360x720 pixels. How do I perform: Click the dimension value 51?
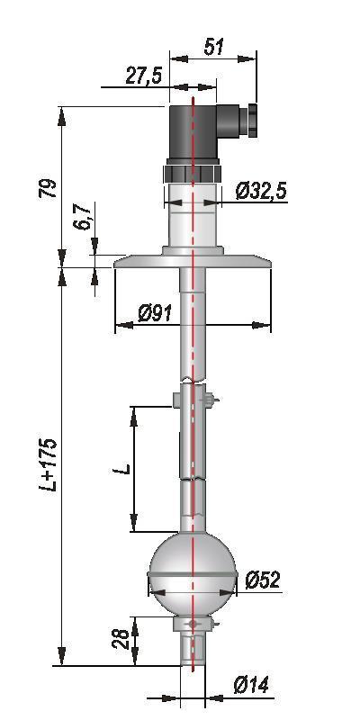pos(213,47)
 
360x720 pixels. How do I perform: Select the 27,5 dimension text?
pos(144,76)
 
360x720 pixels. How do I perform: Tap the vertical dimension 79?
pos(48,188)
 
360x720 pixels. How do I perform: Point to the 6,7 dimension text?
pos(84,218)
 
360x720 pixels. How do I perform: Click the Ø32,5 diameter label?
pos(261,191)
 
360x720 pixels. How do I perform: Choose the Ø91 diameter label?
pos(155,313)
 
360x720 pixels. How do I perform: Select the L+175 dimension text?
pos(49,464)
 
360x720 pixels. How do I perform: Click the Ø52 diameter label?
pos(262,580)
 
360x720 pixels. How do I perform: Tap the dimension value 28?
pos(121,639)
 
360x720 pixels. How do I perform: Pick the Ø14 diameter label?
pos(251,686)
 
